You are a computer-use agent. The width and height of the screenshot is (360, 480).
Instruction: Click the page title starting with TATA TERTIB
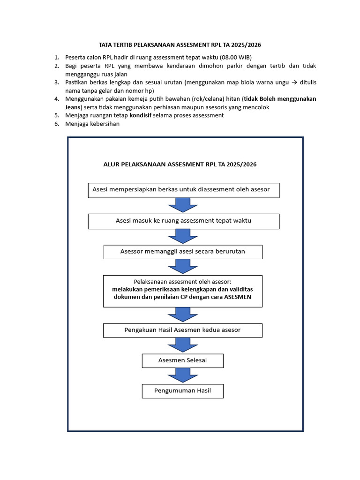click(x=180, y=45)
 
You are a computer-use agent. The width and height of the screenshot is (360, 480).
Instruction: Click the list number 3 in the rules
click(x=57, y=82)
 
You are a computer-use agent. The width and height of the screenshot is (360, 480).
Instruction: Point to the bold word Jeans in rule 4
click(x=74, y=107)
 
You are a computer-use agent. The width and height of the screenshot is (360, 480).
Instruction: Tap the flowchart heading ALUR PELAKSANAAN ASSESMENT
click(x=180, y=165)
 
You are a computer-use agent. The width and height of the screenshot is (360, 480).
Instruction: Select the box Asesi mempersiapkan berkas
click(x=183, y=190)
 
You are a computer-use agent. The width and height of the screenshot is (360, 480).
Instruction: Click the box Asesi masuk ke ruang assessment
click(x=183, y=221)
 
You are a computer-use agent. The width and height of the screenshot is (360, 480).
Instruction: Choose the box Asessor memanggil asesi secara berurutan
click(x=182, y=252)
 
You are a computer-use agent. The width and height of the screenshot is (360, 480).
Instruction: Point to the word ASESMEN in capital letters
click(x=237, y=297)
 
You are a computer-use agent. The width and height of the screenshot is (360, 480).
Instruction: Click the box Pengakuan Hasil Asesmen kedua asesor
click(x=182, y=330)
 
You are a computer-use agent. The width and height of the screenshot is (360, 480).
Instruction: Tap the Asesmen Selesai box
click(x=182, y=360)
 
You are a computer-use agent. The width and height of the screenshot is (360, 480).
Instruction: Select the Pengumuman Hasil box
click(x=182, y=390)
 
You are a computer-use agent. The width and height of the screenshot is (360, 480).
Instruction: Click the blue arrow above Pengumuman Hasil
click(x=182, y=375)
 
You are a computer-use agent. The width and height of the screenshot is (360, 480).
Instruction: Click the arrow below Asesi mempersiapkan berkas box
click(x=182, y=205)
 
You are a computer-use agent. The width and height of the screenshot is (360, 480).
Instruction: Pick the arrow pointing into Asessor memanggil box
click(x=182, y=236)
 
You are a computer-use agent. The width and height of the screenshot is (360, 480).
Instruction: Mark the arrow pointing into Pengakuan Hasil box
click(x=182, y=315)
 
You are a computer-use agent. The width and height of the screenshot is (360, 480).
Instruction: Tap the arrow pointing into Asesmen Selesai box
click(x=182, y=345)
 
